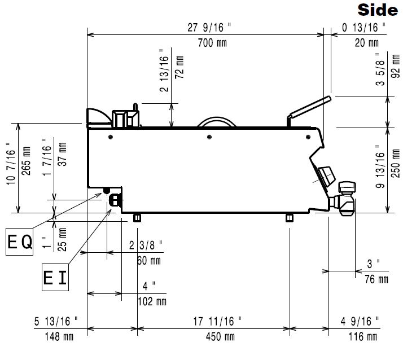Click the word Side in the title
point(378,11)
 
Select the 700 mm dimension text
point(213,43)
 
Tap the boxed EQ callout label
point(20,242)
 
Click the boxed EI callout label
point(55,277)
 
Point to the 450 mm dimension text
point(220,336)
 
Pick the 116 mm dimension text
point(363,336)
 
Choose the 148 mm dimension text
point(59,336)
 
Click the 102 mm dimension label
point(152,301)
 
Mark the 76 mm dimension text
point(376,279)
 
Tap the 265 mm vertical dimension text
point(26,161)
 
